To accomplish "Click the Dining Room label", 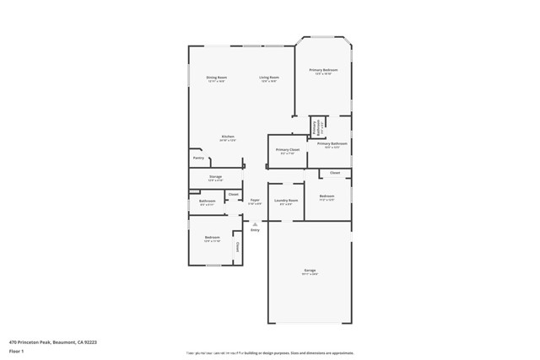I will click(x=217, y=78).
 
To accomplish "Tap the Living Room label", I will click(x=269, y=78).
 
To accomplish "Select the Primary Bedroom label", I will click(x=324, y=70).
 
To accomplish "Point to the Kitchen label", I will click(x=228, y=137).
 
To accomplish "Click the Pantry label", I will click(x=198, y=158).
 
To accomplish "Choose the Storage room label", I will click(x=215, y=176).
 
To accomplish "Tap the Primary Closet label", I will click(x=287, y=150).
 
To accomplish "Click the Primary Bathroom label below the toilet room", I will click(x=332, y=144).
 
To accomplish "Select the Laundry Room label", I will click(x=286, y=201).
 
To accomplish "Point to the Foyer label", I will click(x=255, y=201).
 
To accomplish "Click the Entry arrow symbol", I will click(x=255, y=224).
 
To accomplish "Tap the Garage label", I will click(x=310, y=271).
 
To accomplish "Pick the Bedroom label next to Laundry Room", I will click(x=327, y=196).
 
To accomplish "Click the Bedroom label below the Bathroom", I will click(x=212, y=238).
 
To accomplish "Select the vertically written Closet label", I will click(x=237, y=247).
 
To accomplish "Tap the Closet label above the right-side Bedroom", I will click(x=335, y=173).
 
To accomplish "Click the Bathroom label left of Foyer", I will click(x=208, y=201).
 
